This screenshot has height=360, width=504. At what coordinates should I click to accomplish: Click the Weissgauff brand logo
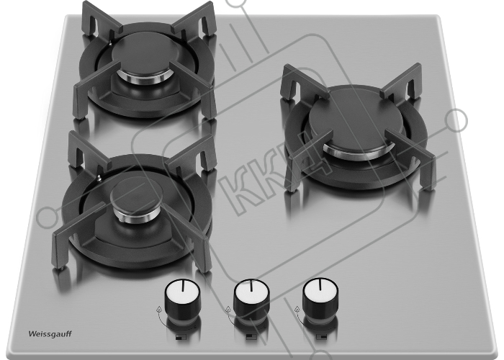pyautogui.click(x=50, y=333)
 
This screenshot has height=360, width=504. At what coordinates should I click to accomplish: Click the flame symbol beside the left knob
pyautogui.click(x=159, y=310)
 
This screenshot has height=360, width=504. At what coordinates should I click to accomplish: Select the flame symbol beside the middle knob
pyautogui.click(x=228, y=309)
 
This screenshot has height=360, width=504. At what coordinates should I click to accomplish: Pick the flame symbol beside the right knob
pyautogui.click(x=297, y=309)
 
